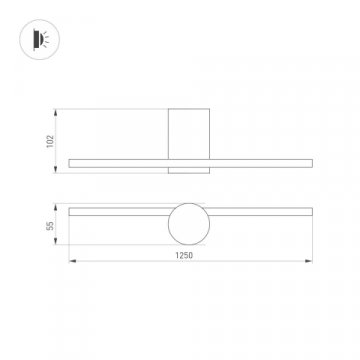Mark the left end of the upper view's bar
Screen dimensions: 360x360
click(x=70, y=163)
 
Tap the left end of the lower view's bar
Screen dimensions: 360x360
click(x=70, y=211)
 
